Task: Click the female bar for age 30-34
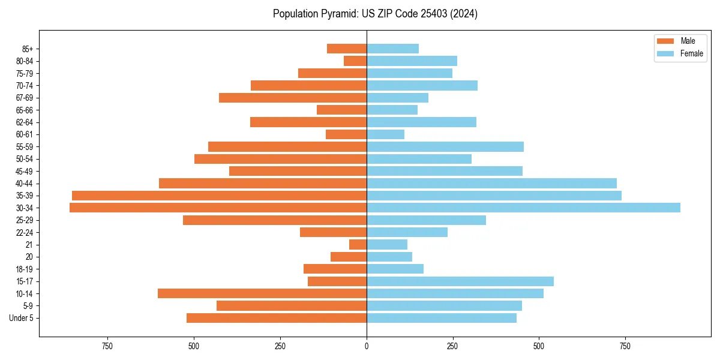tap(523, 208)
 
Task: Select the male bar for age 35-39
tap(219, 196)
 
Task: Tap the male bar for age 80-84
tap(355, 61)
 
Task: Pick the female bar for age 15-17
tap(460, 281)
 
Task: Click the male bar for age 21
tap(358, 245)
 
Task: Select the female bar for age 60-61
tap(385, 134)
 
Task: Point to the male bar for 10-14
tap(262, 293)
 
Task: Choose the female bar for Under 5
tap(442, 318)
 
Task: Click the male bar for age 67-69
tap(293, 98)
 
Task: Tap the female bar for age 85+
tap(392, 49)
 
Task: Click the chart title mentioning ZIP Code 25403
tap(375, 14)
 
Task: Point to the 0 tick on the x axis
tap(367, 346)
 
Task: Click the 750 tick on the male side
tap(107, 346)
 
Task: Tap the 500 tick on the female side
tap(539, 346)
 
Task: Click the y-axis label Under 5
tap(21, 318)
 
